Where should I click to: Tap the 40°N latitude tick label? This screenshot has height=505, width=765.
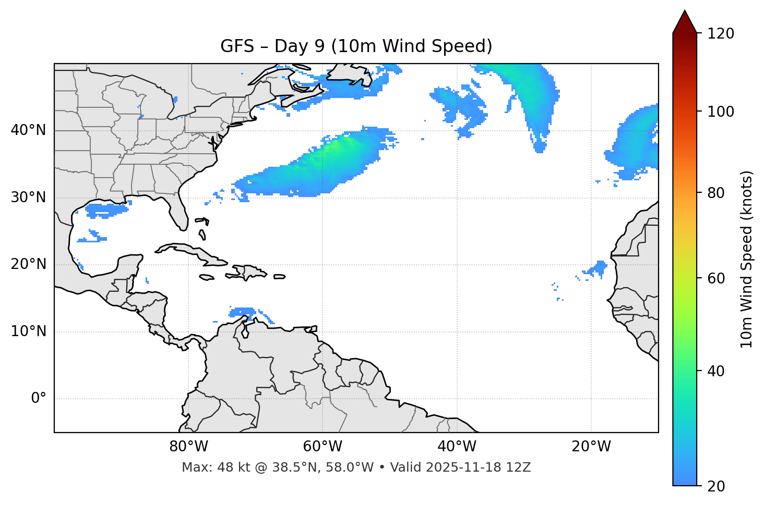(x=28, y=130)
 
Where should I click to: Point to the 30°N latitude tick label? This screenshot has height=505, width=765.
(x=28, y=198)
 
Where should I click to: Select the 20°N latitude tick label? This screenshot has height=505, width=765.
(x=28, y=264)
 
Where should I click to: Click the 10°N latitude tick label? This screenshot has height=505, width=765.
(x=28, y=331)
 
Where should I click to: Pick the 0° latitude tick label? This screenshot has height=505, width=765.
(x=39, y=399)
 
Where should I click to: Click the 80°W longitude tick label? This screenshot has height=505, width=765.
(x=188, y=447)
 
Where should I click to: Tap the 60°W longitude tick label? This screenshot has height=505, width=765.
(x=322, y=447)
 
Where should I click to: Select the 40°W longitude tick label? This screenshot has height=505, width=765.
(x=457, y=447)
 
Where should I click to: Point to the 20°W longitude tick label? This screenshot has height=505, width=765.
(x=591, y=447)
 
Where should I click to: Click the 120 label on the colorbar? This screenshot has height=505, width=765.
(x=721, y=34)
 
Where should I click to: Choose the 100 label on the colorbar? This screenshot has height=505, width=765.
(x=721, y=112)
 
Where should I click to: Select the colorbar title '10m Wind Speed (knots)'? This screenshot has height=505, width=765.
(x=747, y=259)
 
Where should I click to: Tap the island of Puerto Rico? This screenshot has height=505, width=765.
(x=280, y=277)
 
